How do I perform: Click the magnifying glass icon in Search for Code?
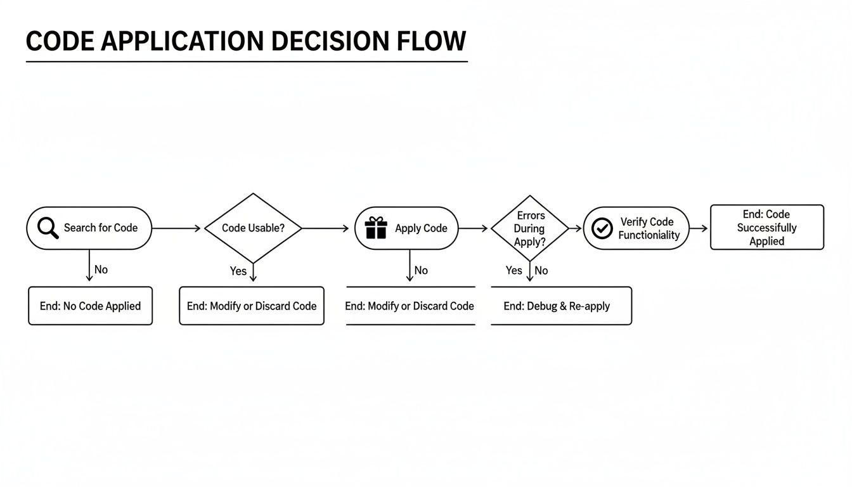pos(48,228)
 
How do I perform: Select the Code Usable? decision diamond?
pos(253,228)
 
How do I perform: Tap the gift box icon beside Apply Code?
pos(376,228)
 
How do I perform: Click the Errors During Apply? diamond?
pos(530,228)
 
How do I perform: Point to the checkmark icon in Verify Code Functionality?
pos(602,228)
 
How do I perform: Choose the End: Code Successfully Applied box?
pos(766,227)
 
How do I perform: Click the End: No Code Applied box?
pos(90,306)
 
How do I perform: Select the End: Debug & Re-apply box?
pos(561,306)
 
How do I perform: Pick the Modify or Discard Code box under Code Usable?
pos(252,306)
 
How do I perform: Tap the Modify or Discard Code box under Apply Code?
pos(410,306)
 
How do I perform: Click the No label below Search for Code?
pos(101,269)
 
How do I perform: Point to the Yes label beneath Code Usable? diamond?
pos(238,271)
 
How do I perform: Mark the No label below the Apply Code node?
pos(421,270)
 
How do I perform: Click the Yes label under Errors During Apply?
pos(513,270)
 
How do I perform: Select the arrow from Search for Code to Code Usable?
pos(177,228)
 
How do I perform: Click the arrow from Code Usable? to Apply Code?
pos(325,228)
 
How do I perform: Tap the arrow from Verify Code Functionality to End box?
pos(699,228)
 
